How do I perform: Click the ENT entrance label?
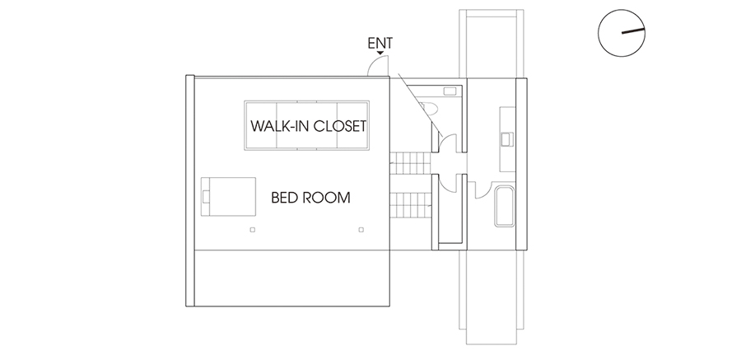point(380,43)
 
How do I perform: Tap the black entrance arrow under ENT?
point(380,53)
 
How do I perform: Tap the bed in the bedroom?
point(228,196)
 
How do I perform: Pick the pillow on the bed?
point(206,196)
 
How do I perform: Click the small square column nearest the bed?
point(253,230)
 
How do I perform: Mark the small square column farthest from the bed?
point(361,230)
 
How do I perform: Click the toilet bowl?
point(429,109)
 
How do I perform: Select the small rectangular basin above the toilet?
point(450,91)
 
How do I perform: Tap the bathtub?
point(504,206)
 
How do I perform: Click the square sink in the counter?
point(506,139)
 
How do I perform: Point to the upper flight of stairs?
point(411,163)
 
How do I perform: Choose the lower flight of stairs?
point(411,205)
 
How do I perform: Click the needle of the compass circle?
point(633,31)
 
